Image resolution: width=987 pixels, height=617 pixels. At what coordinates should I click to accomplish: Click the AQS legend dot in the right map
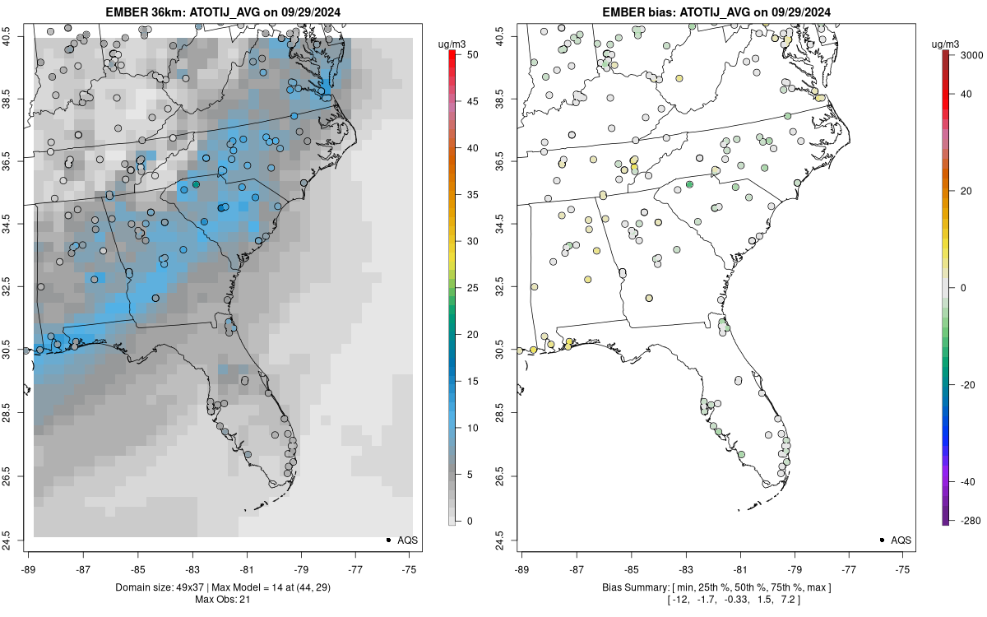(882, 540)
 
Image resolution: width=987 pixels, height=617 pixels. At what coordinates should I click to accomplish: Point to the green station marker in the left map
(196, 184)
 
